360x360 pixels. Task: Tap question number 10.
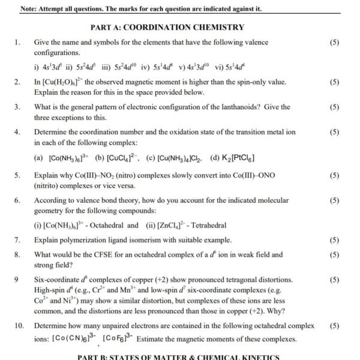point(19,326)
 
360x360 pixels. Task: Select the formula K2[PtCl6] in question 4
point(232,158)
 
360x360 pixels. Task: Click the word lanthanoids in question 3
point(251,107)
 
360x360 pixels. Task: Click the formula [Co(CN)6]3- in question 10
point(74,339)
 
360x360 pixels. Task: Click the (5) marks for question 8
point(335,254)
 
